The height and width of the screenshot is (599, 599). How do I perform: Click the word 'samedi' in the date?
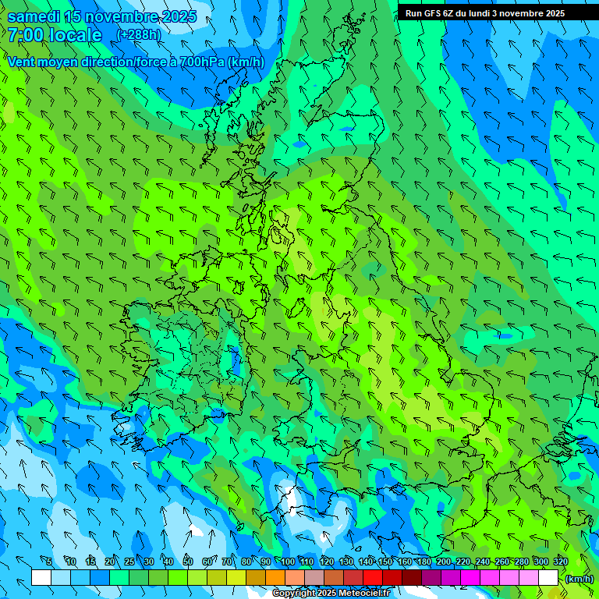pos(33,16)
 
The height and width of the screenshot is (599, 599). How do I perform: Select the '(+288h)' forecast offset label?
pos(139,35)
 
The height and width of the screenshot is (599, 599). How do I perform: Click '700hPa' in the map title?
pos(201,62)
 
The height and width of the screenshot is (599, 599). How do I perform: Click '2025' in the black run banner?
pos(551,13)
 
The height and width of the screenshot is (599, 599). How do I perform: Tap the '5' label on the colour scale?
pos(49,562)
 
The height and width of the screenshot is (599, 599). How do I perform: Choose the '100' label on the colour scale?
pos(288,562)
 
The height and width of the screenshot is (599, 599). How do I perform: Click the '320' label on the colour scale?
pos(561,562)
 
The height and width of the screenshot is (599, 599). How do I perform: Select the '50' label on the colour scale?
pos(188,562)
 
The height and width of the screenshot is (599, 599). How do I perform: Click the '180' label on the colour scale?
pos(424,562)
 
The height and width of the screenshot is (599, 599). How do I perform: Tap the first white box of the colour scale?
pos(41,578)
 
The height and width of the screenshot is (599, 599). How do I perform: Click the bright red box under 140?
pos(373,578)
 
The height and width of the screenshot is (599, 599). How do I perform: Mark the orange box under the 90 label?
pos(275,578)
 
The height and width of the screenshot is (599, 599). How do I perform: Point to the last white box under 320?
pos(548,578)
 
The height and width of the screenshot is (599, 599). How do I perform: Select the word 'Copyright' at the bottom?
pos(292,594)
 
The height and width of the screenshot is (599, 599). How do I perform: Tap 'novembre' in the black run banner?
pos(512,13)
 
